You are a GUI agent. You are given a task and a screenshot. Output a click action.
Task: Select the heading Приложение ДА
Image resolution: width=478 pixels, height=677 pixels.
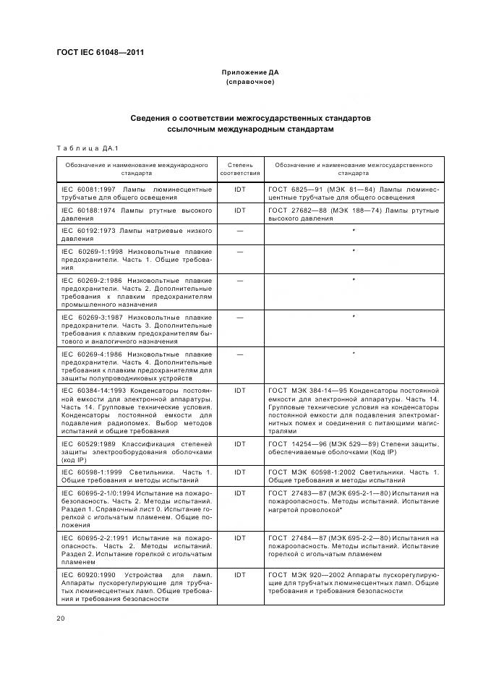249,72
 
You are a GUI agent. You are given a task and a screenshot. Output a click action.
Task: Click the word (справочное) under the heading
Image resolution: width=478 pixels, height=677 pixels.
249,82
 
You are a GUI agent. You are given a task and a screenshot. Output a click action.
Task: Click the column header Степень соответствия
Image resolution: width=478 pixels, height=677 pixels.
239,169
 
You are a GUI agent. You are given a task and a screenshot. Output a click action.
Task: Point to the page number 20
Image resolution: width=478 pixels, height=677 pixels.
60,617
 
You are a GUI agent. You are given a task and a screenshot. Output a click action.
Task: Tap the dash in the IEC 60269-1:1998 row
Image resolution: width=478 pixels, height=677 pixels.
239,250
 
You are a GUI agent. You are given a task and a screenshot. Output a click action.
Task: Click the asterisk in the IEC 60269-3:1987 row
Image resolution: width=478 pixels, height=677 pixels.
354,316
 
